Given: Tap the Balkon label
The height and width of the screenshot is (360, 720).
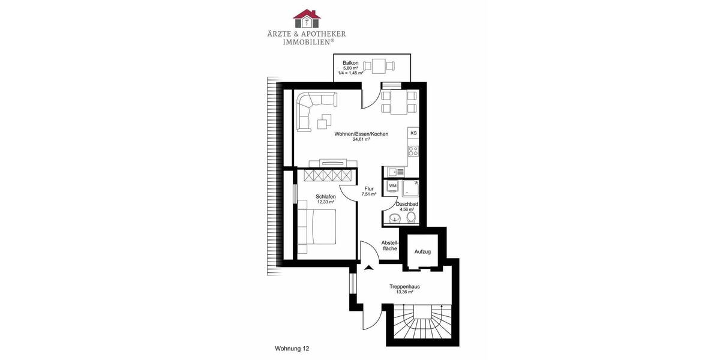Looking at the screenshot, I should click(x=350, y=63).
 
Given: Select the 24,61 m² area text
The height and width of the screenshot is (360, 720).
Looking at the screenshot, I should click(x=361, y=139).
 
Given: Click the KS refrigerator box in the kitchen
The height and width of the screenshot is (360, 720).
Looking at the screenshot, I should click(x=413, y=133).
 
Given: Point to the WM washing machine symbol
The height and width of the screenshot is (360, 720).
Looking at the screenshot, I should click(x=393, y=187).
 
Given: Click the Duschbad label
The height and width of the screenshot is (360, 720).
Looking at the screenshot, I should click(x=407, y=205).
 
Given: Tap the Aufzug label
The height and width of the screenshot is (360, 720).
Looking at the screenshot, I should click(x=422, y=251).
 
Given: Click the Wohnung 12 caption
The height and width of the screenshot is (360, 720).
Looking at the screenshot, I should click(x=292, y=348).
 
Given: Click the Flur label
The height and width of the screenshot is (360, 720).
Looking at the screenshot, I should click(x=368, y=189).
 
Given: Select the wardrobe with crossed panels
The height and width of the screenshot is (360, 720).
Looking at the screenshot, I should click(x=327, y=175).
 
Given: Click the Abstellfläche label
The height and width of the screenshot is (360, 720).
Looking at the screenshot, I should click(x=390, y=245).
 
